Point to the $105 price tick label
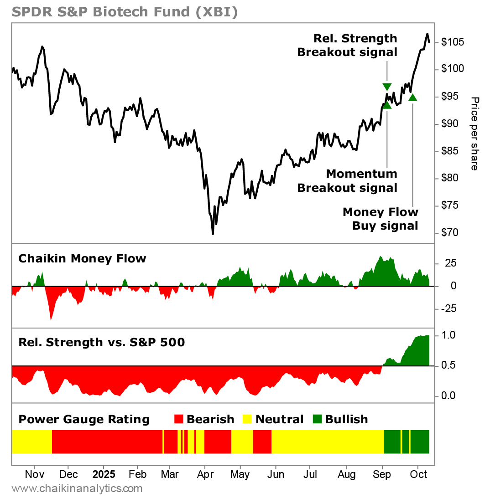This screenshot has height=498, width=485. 453,42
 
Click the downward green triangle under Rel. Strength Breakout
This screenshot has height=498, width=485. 387,87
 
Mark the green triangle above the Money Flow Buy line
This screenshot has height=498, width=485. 412,97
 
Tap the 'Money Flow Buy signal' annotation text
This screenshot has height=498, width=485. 380,219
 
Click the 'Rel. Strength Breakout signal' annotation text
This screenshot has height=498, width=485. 347,45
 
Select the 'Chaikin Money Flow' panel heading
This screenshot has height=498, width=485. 82,259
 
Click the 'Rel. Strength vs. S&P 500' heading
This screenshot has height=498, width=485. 101,342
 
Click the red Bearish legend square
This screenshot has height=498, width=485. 179,419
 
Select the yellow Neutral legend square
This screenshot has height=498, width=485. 248,419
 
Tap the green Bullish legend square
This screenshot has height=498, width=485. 317,419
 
